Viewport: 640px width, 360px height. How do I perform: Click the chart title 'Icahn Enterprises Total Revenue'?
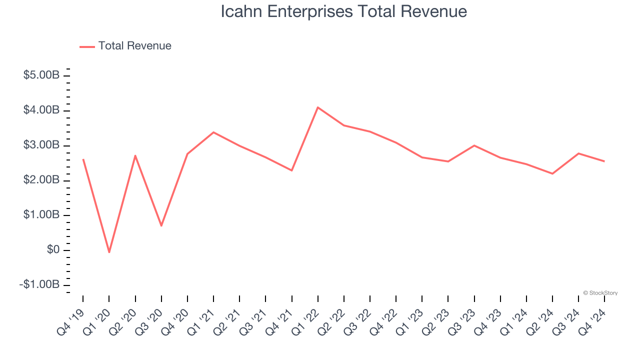point(344,11)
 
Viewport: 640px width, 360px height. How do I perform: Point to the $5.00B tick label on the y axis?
point(41,75)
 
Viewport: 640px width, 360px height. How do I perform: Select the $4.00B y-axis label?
point(41,110)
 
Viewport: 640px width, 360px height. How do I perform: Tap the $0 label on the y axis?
point(53,250)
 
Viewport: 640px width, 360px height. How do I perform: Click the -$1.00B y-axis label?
point(40,284)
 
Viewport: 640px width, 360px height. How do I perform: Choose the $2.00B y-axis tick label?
point(41,180)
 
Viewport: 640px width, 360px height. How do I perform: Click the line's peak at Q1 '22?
point(318,107)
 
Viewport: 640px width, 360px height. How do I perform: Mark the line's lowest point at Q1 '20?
point(109,252)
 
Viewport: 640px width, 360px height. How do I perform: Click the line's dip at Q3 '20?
point(161,225)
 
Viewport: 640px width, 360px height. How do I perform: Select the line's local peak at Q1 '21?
point(213,132)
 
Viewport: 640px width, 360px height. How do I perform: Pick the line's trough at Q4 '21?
point(291,170)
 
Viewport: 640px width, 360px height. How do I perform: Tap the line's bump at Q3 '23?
point(474,145)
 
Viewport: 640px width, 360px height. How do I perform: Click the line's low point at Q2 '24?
point(552,173)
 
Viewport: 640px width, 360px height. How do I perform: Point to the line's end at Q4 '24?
point(604,161)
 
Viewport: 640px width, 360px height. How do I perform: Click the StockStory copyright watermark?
point(600,293)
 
